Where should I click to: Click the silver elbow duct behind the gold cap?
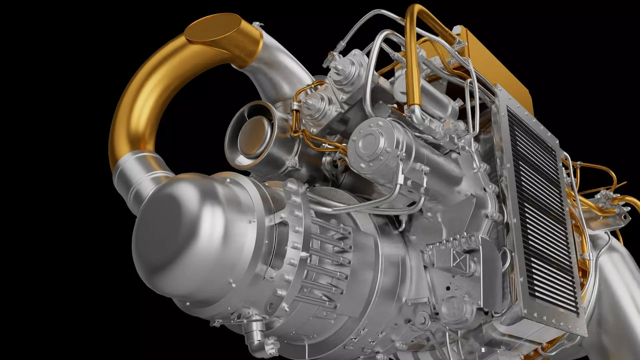[x=273, y=70]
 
